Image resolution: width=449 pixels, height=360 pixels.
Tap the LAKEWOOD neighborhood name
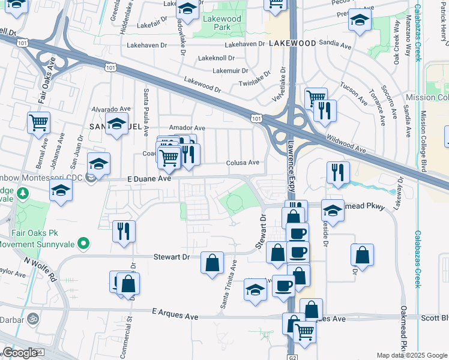click(x=292, y=44)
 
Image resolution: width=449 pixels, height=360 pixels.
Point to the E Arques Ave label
click(x=175, y=313)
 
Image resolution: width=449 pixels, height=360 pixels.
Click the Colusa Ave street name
click(x=243, y=163)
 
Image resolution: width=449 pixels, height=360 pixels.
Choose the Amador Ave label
click(x=187, y=128)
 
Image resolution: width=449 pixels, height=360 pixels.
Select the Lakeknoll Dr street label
click(x=215, y=58)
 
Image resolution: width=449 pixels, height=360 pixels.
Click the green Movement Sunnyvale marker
click(x=84, y=244)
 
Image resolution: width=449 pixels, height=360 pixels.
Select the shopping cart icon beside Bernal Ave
click(x=39, y=122)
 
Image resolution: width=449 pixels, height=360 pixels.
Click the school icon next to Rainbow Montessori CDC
click(x=99, y=163)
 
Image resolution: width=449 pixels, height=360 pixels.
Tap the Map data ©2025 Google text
click(x=411, y=355)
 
